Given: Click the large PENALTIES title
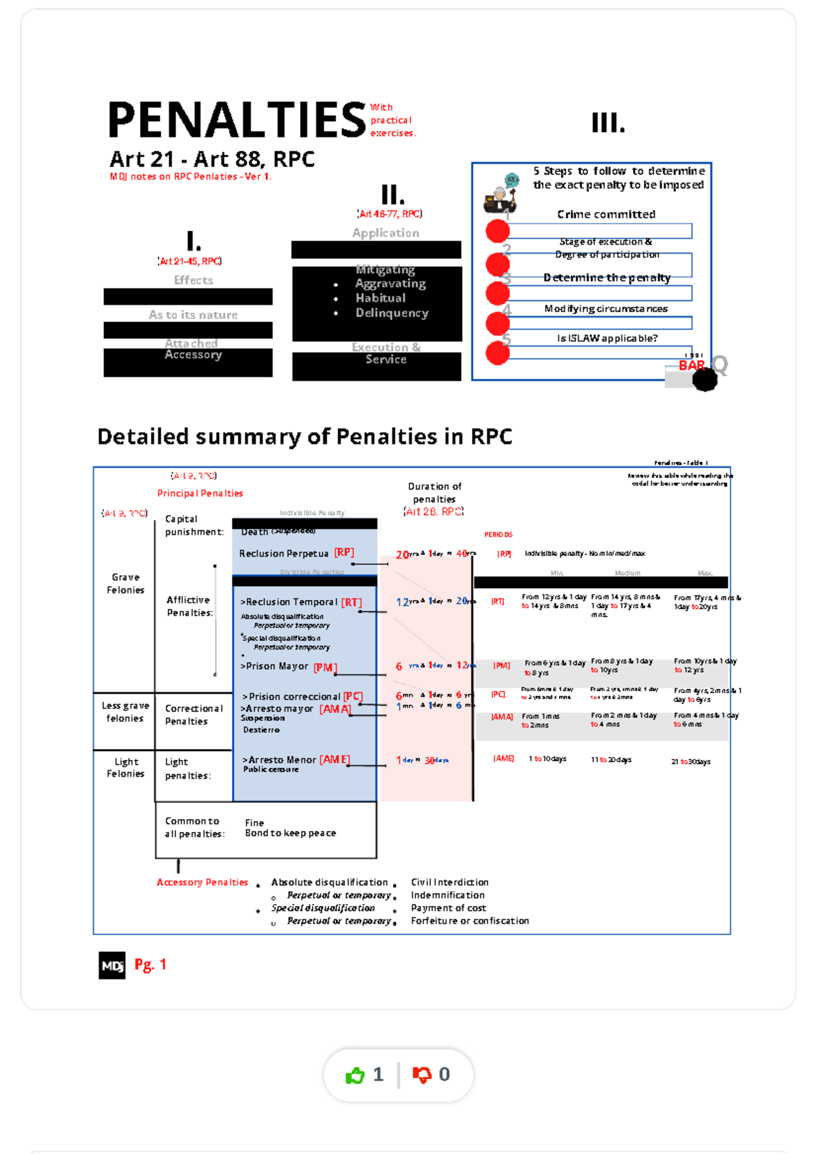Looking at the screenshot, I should coord(237,120).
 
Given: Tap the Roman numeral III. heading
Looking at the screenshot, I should coord(608,123).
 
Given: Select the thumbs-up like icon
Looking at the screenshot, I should coord(355,1075).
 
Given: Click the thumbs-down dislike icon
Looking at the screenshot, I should coord(422,1074).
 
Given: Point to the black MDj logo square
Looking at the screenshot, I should coord(112,965).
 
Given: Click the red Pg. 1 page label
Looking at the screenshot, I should coord(150,964).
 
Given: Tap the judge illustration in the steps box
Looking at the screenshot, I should coord(501,193).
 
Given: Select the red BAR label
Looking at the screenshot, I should coord(692,366).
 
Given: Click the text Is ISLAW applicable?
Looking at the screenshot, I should coord(607,338).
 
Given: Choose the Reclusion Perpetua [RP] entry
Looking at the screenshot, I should coord(296,553).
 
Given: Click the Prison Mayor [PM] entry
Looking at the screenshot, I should coord(289,667).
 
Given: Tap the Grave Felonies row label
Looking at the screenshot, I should coord(126,584).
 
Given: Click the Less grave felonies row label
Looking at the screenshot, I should coord(125,712).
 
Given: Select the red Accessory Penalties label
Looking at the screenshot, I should coord(203,882).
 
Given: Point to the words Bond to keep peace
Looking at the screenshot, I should coord(290,833).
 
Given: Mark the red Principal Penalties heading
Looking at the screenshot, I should coord(200,493).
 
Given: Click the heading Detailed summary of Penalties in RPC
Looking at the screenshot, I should coord(305,436).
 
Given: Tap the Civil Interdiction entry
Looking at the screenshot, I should coord(449,882).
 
